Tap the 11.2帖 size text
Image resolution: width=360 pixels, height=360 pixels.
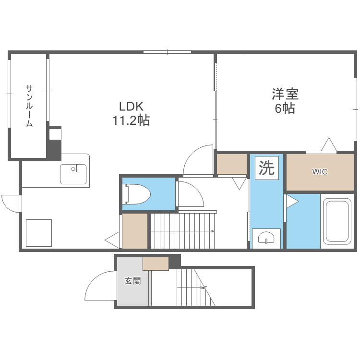(131, 120)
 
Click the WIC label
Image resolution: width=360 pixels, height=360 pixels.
(320, 172)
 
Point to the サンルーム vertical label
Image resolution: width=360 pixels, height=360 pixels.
(29, 106)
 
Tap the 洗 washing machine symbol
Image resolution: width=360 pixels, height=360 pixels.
(266, 168)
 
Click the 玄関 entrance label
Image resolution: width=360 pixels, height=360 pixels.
(132, 281)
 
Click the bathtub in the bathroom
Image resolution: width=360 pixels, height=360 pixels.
(338, 221)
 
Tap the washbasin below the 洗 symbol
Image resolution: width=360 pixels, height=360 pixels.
(266, 237)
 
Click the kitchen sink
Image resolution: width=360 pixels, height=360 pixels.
(73, 174)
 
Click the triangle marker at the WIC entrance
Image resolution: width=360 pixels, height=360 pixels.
(329, 144)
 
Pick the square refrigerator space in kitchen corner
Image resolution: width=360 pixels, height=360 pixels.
(38, 233)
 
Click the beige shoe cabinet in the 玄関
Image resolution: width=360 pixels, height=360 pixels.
(156, 264)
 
